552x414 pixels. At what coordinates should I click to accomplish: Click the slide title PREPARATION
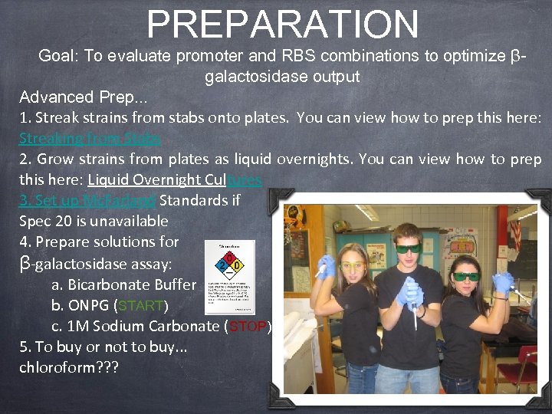click(282, 25)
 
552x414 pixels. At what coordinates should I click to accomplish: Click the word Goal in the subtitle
click(55, 56)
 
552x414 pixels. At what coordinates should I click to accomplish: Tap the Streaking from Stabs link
click(90, 139)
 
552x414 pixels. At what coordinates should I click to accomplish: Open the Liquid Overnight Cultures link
click(175, 180)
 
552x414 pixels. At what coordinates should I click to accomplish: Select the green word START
click(140, 305)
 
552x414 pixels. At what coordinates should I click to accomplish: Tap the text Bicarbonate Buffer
click(132, 284)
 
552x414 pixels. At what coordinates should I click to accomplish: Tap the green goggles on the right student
click(465, 276)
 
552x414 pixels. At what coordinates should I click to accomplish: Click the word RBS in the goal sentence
click(311, 56)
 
